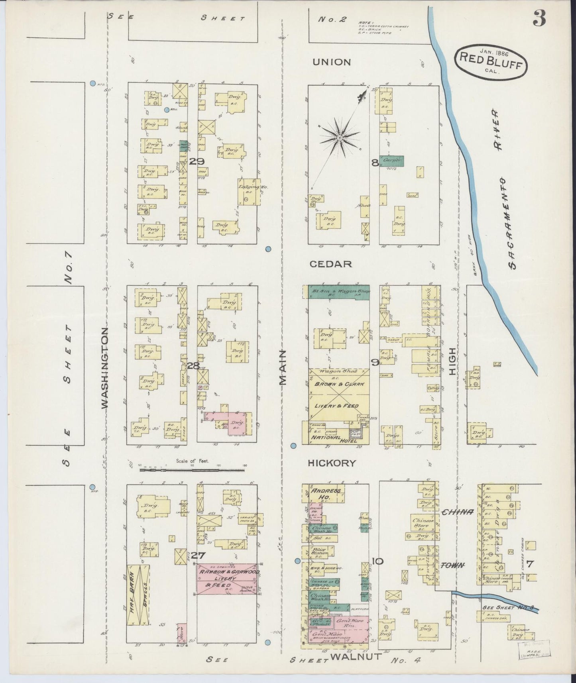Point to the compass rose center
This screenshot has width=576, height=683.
[x=339, y=137]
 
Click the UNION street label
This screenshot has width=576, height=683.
[x=332, y=62]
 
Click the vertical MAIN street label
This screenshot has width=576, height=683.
[x=283, y=368]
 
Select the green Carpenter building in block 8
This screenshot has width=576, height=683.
[x=391, y=161]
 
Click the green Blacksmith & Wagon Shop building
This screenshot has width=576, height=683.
[x=339, y=292]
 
